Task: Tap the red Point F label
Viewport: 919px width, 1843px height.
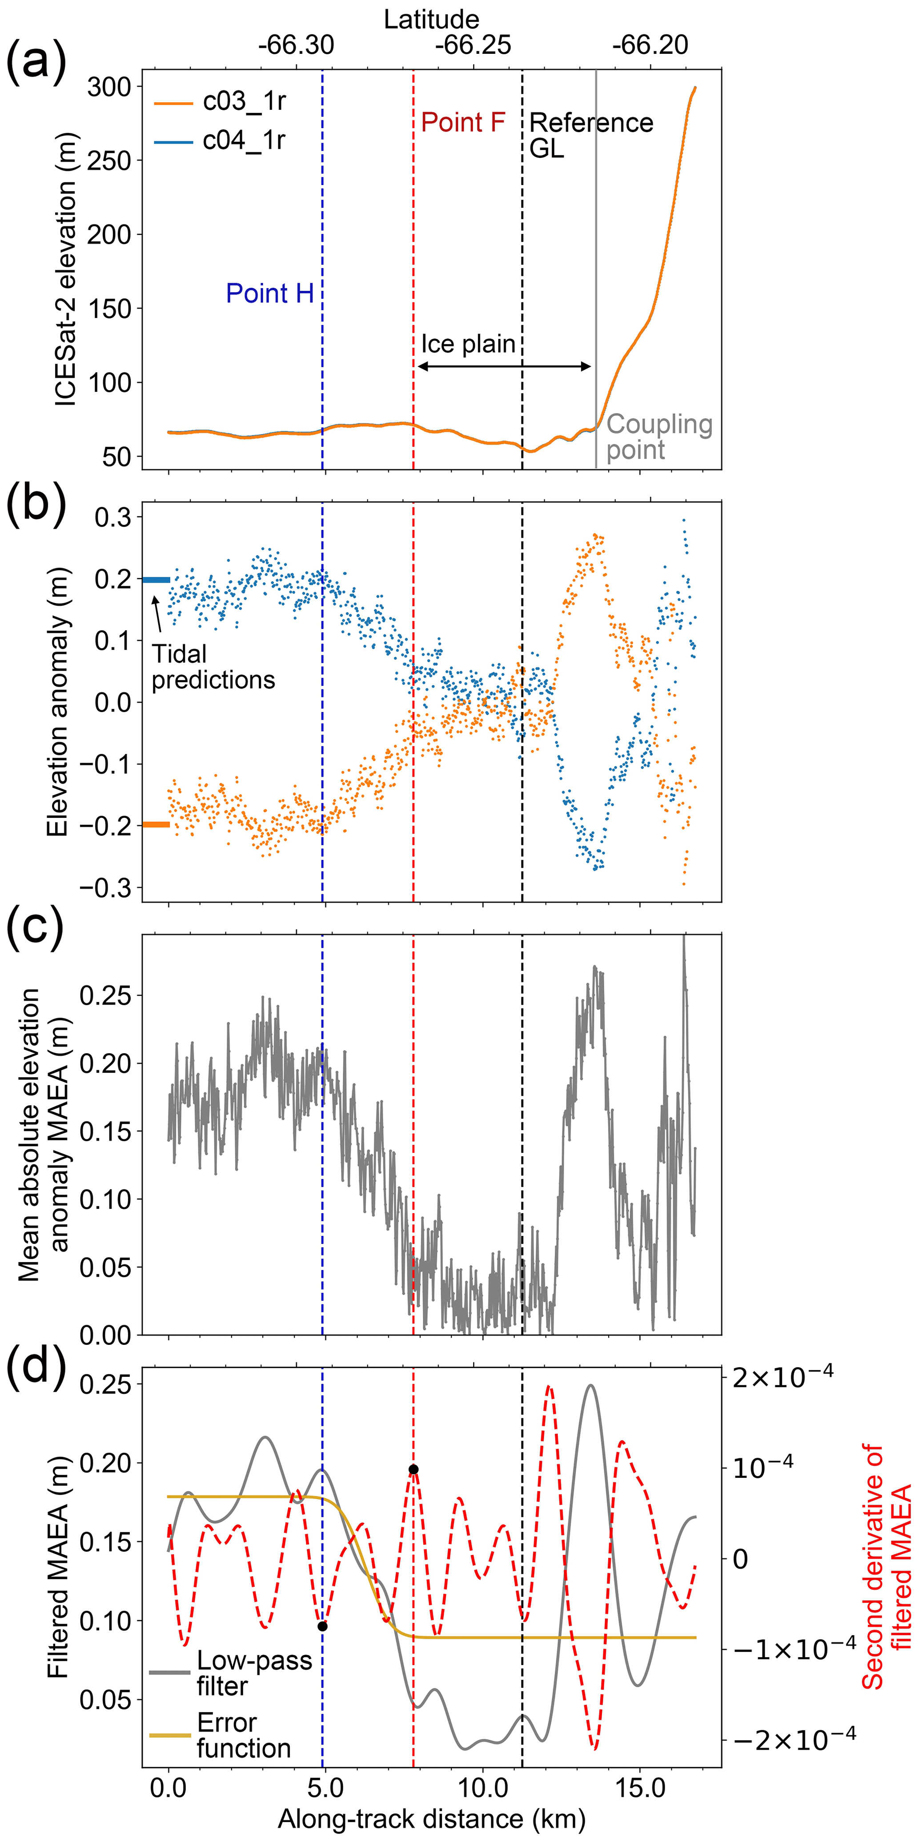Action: coord(463,123)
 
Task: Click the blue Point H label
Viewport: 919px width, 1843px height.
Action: coord(269,294)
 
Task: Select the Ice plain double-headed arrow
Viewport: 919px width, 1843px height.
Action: coord(504,366)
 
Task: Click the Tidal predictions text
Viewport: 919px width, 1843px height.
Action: coord(213,667)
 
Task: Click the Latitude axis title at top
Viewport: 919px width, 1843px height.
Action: coord(431,19)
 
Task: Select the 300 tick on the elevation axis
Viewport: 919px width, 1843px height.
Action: coord(109,87)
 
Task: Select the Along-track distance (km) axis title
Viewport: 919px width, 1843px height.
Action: coord(431,1818)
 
